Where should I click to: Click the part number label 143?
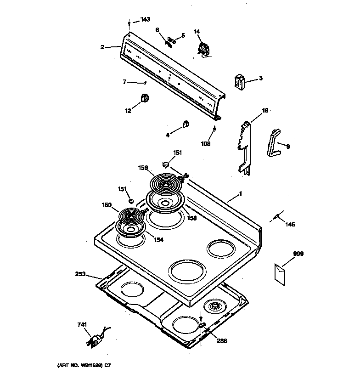pos(145,19)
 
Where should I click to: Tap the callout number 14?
pos(197,31)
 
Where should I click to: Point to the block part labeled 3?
pos(240,82)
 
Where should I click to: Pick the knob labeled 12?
pos(144,98)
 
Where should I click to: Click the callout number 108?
pos(205,144)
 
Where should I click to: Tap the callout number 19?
pos(265,111)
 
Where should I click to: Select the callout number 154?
pos(157,240)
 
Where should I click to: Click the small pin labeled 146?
pos(276,216)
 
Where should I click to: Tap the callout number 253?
pos(81,274)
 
